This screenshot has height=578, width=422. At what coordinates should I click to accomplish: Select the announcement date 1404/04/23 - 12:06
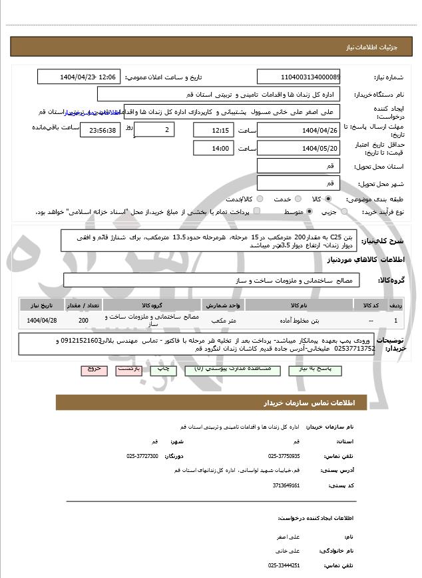click(79, 77)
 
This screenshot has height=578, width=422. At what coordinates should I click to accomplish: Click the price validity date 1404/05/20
click(298, 148)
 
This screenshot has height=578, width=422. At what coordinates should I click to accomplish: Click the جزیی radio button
click(343, 212)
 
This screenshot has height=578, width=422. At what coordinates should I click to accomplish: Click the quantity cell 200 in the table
click(83, 321)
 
